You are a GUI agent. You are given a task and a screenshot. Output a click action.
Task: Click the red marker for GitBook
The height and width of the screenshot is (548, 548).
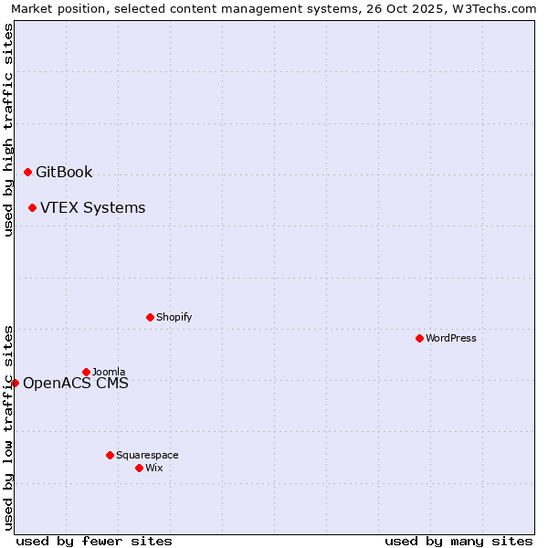click(x=27, y=172)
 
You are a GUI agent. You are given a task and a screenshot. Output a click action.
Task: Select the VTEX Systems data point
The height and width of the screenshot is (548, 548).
click(x=32, y=207)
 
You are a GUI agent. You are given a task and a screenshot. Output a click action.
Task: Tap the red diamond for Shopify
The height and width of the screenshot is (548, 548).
click(x=150, y=317)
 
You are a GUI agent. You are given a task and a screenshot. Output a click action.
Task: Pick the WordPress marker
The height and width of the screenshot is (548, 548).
click(x=419, y=338)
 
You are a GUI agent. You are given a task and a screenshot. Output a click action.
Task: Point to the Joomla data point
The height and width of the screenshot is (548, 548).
click(x=86, y=372)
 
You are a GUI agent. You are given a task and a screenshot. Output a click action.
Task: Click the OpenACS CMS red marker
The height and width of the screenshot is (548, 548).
click(x=15, y=383)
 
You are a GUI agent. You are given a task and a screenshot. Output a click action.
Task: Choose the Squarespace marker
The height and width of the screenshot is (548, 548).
click(x=110, y=455)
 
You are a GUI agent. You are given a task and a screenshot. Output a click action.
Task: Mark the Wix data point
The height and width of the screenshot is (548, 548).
click(x=139, y=468)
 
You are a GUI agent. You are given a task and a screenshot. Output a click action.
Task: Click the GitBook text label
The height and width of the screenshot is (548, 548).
click(x=64, y=172)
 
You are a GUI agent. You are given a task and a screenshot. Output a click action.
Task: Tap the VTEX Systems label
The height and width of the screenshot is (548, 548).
click(x=92, y=207)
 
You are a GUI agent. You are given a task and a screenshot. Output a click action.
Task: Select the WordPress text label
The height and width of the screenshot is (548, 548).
click(x=451, y=338)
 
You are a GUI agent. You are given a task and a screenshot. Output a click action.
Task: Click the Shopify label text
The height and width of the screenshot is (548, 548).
click(x=174, y=317)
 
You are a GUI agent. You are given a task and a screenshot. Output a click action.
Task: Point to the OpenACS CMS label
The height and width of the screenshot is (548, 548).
click(x=76, y=383)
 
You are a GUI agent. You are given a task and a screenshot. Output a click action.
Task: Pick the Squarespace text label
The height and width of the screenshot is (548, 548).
click(x=147, y=455)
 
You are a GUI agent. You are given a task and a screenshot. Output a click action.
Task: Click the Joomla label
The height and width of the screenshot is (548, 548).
click(x=109, y=372)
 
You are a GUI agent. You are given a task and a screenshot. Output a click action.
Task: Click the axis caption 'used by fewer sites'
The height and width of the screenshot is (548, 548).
click(x=94, y=541)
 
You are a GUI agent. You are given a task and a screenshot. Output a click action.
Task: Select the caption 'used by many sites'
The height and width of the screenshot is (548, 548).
click(x=458, y=541)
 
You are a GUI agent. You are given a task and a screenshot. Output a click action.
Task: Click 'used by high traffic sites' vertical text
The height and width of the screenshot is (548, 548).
click(x=8, y=130)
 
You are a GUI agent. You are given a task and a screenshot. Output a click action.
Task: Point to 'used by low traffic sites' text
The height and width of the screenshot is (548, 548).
click(x=8, y=427)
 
